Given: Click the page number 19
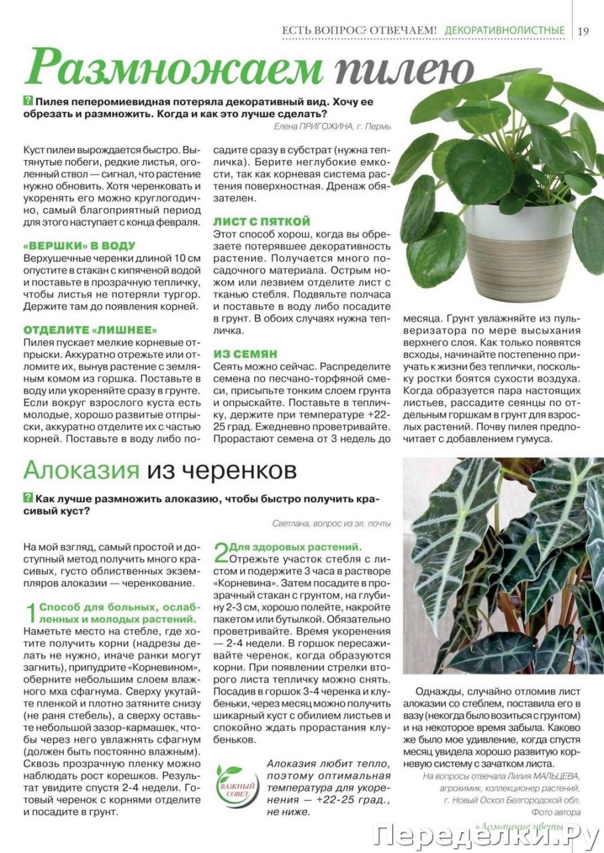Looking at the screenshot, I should pyautogui.click(x=583, y=31).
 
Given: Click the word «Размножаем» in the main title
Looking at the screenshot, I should pyautogui.click(x=174, y=68).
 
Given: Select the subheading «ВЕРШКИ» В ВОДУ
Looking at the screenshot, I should pyautogui.click(x=79, y=246).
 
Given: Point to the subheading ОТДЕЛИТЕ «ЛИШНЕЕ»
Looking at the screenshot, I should pyautogui.click(x=91, y=330).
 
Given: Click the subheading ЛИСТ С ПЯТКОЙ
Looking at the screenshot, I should pyautogui.click(x=262, y=221).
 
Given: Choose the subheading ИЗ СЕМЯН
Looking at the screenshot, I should pyautogui.click(x=246, y=354).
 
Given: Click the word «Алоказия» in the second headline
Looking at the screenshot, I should pyautogui.click(x=82, y=470).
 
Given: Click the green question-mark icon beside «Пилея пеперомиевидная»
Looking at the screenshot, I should pyautogui.click(x=27, y=102).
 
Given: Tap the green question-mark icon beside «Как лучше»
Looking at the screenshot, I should pyautogui.click(x=27, y=498).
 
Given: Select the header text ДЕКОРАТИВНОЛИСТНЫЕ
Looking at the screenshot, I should pyautogui.click(x=504, y=31).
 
